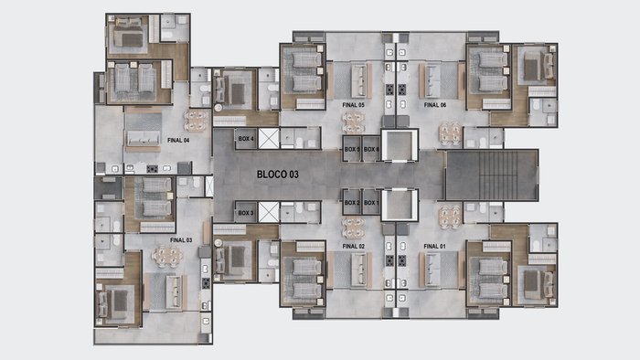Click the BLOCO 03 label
(278, 175)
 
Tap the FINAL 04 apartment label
(178, 140)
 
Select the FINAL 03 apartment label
(181, 240)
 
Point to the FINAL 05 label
(353, 105)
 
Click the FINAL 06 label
(435, 105)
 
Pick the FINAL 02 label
(354, 247)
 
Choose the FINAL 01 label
(434, 247)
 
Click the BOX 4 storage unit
(246, 139)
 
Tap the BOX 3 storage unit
(246, 212)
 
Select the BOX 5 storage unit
(352, 149)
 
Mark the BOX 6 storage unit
(371, 149)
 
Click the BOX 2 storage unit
(352, 202)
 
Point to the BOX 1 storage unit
(371, 202)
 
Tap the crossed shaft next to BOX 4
(269, 139)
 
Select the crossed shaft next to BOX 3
(269, 212)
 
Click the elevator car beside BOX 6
(400, 145)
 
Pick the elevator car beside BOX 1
(400, 205)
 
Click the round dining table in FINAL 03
(167, 257)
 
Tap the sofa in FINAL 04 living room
(143, 138)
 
